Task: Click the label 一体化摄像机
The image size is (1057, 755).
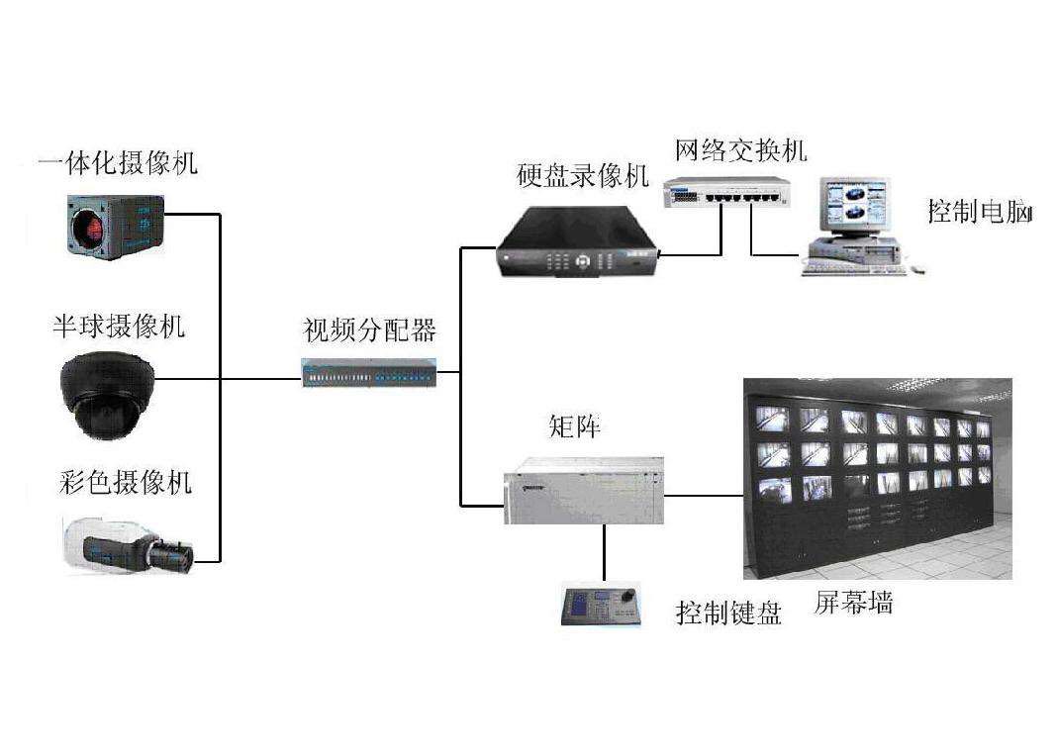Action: pyautogui.click(x=118, y=162)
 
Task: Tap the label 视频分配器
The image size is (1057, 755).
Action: pyautogui.click(x=369, y=330)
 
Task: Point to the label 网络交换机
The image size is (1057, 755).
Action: pyautogui.click(x=740, y=150)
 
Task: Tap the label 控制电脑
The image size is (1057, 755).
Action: pyautogui.click(x=980, y=212)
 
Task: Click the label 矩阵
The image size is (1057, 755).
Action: pyautogui.click(x=574, y=427)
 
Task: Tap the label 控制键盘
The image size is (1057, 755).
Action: pyautogui.click(x=728, y=613)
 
